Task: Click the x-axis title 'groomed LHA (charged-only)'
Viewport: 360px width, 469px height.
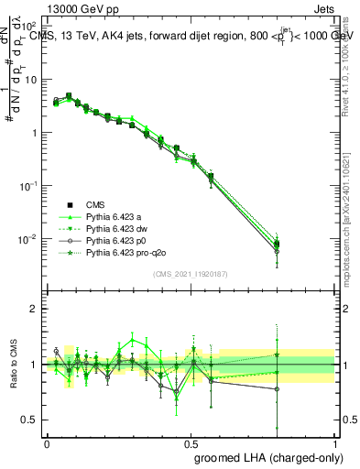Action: pos(265,457)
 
